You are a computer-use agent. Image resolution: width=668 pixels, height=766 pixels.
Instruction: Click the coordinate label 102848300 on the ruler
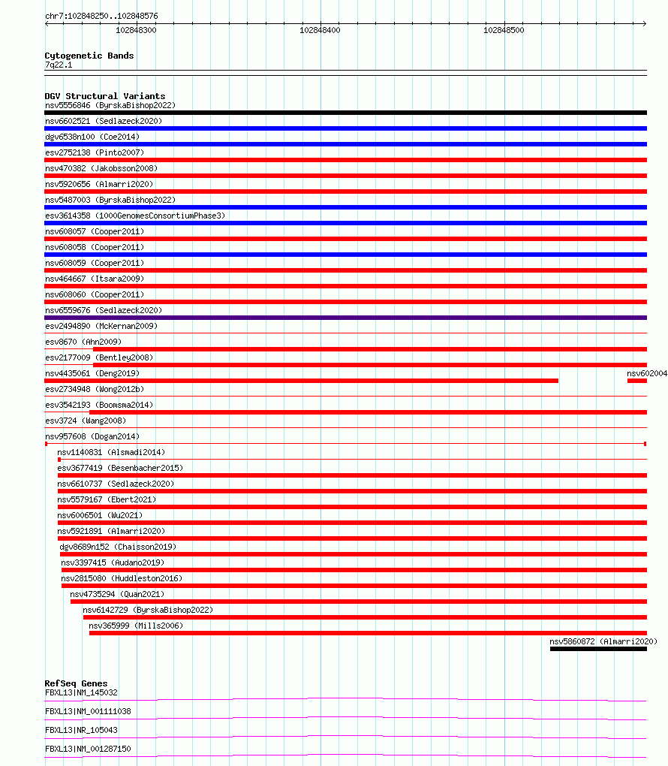136,30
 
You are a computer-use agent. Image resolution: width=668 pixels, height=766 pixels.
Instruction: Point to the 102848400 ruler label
320,30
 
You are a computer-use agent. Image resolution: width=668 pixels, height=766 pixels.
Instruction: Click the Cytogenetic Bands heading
89,56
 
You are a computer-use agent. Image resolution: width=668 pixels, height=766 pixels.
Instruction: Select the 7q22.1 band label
59,65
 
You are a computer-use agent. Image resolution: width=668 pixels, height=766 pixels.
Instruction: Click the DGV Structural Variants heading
105,96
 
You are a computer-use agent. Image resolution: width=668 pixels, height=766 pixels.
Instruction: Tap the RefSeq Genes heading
76,683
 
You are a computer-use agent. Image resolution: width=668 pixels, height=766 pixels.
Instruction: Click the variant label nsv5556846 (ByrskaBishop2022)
110,105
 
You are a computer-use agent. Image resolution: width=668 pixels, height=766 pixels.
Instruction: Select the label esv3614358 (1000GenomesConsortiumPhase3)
135,216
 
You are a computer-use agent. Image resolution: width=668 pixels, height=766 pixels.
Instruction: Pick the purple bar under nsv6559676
345,318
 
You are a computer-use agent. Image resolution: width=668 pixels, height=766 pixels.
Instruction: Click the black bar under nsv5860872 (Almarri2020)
598,649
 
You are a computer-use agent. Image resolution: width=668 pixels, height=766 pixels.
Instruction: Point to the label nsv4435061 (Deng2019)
92,373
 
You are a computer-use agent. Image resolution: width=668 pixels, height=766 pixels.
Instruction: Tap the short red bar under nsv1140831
59,460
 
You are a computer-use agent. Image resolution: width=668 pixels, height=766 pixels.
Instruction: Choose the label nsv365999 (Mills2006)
136,626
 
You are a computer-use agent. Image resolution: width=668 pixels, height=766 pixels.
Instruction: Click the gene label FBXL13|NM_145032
81,692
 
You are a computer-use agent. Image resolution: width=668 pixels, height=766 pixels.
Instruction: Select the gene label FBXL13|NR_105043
81,730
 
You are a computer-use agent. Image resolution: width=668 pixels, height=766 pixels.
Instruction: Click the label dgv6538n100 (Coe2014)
92,137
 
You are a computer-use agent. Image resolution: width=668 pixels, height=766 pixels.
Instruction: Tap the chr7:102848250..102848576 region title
101,16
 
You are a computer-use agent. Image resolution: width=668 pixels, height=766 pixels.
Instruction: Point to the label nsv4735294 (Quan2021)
117,594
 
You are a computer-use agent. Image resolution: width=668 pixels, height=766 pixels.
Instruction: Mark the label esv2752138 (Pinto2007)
95,152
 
